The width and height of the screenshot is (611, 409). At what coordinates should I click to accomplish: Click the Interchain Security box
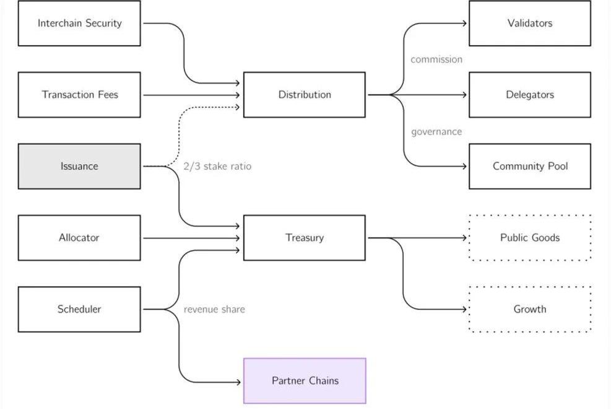79,24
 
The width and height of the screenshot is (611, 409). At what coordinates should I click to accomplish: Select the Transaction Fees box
79,95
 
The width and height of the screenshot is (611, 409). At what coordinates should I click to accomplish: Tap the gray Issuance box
79,166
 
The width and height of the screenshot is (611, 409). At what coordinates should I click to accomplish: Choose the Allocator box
79,238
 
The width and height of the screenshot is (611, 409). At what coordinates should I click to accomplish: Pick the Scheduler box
79,309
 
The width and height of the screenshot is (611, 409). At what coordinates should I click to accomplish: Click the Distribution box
305,95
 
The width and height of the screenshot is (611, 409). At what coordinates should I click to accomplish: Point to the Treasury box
305,238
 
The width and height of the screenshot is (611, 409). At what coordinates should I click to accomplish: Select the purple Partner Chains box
305,380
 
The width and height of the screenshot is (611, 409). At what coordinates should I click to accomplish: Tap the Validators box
530,24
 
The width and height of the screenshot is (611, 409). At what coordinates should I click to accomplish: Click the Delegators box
530,95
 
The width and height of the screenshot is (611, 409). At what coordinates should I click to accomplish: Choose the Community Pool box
530,166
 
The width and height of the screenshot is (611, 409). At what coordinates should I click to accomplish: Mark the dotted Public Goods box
530,238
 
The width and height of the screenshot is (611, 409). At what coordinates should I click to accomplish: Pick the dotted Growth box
530,309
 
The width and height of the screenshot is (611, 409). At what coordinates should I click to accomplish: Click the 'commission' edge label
436,59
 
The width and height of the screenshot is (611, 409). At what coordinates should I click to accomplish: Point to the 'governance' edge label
436,131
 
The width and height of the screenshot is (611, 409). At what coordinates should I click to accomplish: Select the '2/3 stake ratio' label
217,166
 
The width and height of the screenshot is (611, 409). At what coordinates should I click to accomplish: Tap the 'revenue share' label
214,309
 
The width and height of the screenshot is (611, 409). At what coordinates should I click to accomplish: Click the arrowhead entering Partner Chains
238,382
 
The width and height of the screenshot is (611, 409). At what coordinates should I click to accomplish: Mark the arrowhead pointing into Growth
464,309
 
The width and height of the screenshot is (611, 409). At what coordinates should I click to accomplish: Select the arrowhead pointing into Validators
464,24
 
